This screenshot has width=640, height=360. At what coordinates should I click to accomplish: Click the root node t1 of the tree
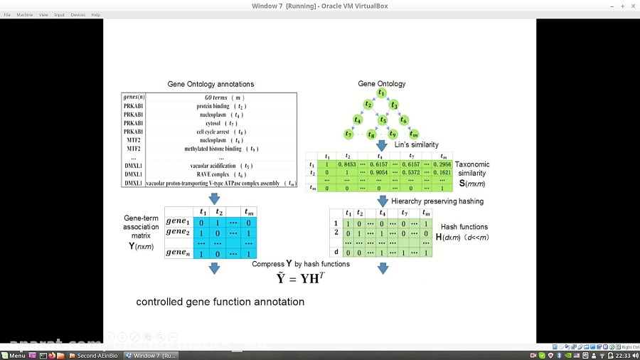[x=382, y=93]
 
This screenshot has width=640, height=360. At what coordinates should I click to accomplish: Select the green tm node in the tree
[x=414, y=134]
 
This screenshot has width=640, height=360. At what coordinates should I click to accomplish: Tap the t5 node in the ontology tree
[x=383, y=120]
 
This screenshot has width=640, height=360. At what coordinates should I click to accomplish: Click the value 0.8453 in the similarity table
[x=348, y=164]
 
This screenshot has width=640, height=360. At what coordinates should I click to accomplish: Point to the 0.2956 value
[x=441, y=164]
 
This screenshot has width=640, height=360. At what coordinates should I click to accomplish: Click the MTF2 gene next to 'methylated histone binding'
[x=134, y=149]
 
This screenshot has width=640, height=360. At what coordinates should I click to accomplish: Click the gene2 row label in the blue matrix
[x=178, y=232]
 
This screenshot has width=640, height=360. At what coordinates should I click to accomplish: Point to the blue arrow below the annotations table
[x=214, y=199]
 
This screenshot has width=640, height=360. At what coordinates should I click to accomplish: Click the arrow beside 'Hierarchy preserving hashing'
[x=383, y=201]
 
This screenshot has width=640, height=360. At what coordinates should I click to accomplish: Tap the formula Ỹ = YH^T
[x=301, y=278]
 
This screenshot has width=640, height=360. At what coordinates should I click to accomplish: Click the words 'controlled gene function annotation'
[x=220, y=302]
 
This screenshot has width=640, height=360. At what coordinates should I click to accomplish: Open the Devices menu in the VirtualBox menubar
[x=78, y=14]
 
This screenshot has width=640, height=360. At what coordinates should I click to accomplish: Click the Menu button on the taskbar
[x=14, y=355]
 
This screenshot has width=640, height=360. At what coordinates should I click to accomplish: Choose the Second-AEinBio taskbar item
[x=92, y=355]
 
